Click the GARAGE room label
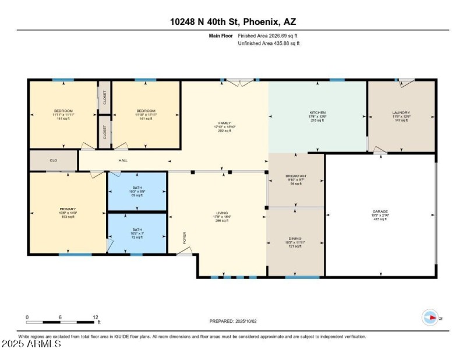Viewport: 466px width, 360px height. click(380, 211)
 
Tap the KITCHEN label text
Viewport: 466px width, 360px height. click(317, 112)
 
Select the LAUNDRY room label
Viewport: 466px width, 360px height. click(401, 112)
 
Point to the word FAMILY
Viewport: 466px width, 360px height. click(224, 123)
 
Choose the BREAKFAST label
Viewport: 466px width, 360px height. click(296, 175)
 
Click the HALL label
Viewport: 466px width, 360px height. click(123, 160)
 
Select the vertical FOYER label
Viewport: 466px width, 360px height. click(185, 238)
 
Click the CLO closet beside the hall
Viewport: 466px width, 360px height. click(53, 160)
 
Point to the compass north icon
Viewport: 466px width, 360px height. click(429, 317)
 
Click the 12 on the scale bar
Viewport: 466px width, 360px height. click(95, 317)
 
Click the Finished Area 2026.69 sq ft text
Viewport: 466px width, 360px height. click(269, 36)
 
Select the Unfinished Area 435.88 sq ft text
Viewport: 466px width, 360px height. click(269, 43)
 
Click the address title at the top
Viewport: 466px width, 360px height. click(232, 22)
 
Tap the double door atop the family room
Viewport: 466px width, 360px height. click(239, 82)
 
